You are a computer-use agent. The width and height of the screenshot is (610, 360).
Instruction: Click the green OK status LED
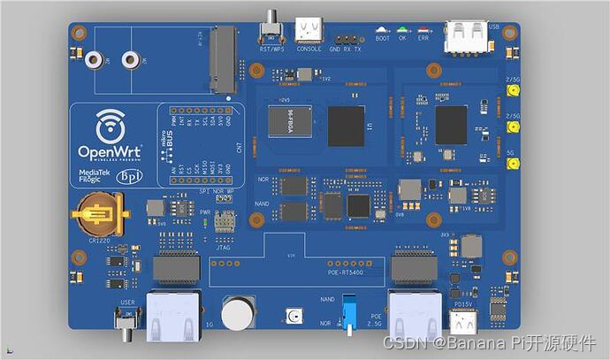coord(402,30)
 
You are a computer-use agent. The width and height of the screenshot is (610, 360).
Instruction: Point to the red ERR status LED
coord(423,30)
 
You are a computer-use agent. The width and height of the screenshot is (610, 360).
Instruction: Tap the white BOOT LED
coord(381,30)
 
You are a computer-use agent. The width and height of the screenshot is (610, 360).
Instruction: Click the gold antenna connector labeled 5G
coord(512,165)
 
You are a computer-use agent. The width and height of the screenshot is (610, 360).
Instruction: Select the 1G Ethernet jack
coord(173,316)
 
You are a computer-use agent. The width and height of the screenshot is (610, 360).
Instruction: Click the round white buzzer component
coord(238,313)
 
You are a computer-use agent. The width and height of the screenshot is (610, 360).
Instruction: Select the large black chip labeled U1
coord(346,126)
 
